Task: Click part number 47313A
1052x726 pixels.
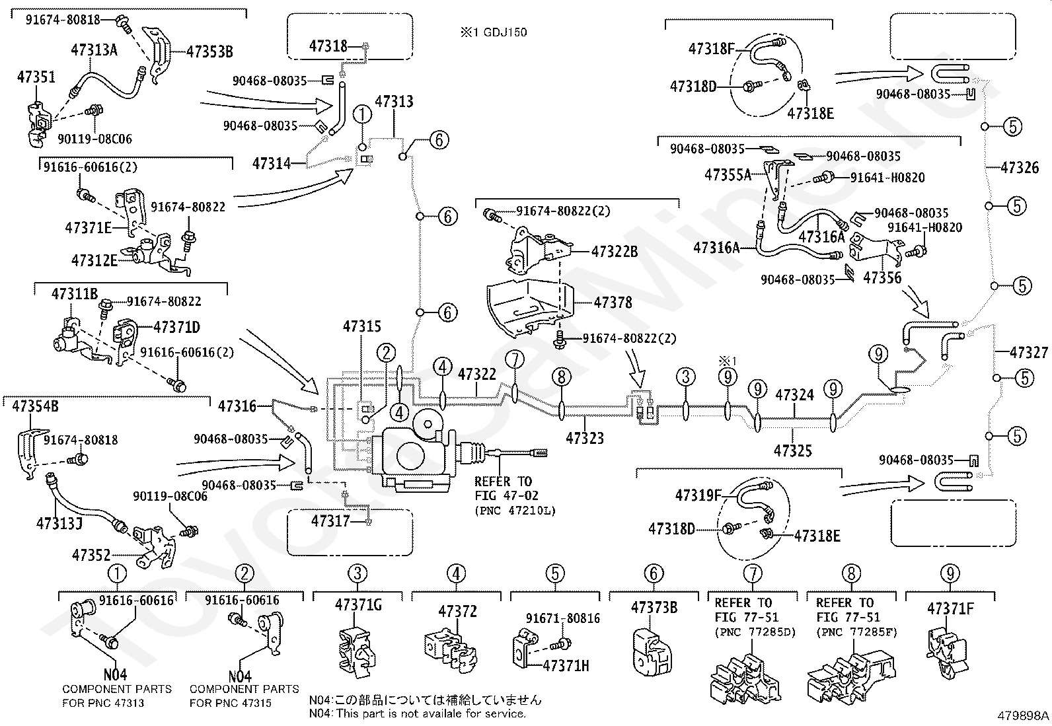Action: coord(94,50)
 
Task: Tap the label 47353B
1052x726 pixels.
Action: coord(209,52)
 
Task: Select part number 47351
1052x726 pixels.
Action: coord(36,77)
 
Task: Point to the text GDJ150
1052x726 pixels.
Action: coord(505,32)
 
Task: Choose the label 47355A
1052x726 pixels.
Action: coord(728,175)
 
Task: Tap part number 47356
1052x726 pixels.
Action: coord(882,277)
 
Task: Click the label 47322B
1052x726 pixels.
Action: coord(615,252)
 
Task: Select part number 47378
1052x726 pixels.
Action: coord(613,303)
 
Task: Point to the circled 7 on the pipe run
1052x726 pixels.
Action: coord(515,360)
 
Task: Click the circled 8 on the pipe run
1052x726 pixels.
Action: coord(562,377)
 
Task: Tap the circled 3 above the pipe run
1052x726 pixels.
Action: coord(686,377)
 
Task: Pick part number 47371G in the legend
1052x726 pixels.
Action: coord(358,605)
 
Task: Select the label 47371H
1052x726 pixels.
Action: coord(566,666)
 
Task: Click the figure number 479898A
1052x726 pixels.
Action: coord(1023,715)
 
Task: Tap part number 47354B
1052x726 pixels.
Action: coord(35,406)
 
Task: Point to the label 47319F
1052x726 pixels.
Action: coord(698,495)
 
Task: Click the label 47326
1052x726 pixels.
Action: coord(1020,168)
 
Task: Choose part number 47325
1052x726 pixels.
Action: coord(793,451)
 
